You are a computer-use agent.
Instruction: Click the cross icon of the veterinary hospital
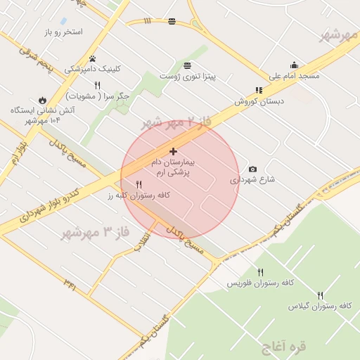pos(173,151)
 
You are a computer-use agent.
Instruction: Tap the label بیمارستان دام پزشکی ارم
pos(174,167)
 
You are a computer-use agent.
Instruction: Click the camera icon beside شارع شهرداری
pos(253,169)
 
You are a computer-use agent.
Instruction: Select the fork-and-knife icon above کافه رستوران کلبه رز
pos(139,184)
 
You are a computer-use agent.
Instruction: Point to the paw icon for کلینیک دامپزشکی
pos(93,58)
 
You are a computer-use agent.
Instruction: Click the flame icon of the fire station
pos(43,100)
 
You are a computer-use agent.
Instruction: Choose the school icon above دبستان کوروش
pos(259,90)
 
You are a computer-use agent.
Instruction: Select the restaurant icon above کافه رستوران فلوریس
pos(260,272)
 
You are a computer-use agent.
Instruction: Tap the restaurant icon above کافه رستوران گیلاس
pos(321,295)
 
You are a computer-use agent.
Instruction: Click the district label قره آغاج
pos(283,347)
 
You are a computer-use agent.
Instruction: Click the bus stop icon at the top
pos(172,21)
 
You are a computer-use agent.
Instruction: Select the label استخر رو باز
pos(63,32)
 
